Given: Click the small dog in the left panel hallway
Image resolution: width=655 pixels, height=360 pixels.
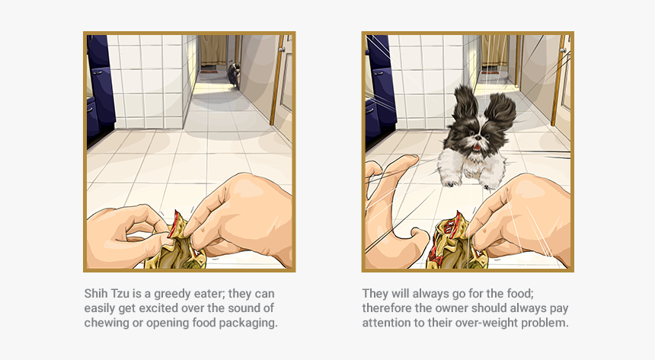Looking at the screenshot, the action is click(x=235, y=75).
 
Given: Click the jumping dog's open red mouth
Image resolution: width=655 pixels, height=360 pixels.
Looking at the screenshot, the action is click(x=477, y=147).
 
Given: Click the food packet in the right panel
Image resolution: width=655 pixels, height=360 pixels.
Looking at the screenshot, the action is click(x=458, y=244).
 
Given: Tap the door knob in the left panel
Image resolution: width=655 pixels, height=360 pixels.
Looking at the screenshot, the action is click(x=283, y=49).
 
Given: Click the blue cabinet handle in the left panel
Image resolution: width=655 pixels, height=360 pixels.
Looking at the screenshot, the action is click(x=97, y=72).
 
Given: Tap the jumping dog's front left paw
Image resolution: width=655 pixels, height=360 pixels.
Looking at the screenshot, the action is click(x=450, y=182).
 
